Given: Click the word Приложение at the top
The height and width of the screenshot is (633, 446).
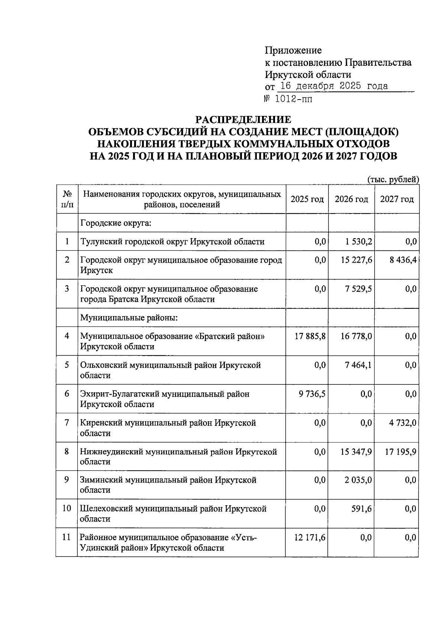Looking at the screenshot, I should coord(293,50).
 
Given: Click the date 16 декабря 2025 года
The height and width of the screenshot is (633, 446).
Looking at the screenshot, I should coord(333,86).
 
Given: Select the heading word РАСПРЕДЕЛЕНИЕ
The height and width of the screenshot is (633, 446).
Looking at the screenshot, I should coord(243,120).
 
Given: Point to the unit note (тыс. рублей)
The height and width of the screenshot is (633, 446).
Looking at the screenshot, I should coord(393,179).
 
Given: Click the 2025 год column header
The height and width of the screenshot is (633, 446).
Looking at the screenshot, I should coord(307,199).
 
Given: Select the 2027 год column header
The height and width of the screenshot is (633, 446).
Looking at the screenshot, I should coord(397,199).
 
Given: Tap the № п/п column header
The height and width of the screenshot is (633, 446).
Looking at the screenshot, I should coord(67,199).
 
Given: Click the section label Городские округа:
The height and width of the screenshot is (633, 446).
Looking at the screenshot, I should coord(116,223).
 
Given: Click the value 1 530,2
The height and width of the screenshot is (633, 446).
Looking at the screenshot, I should coord(357,242).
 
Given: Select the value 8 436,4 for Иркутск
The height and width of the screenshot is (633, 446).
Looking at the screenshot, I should coord(403,260).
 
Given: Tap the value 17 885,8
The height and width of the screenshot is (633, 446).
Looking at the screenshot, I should coord(310,337).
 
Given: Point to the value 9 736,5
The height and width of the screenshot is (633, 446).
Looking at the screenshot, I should coord(312,394).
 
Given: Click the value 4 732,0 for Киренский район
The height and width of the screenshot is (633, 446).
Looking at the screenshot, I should coord(403,423).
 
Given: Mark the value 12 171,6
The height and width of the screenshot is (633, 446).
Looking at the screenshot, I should coord(310,538).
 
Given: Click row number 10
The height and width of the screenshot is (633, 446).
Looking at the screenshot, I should coord(67,509).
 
